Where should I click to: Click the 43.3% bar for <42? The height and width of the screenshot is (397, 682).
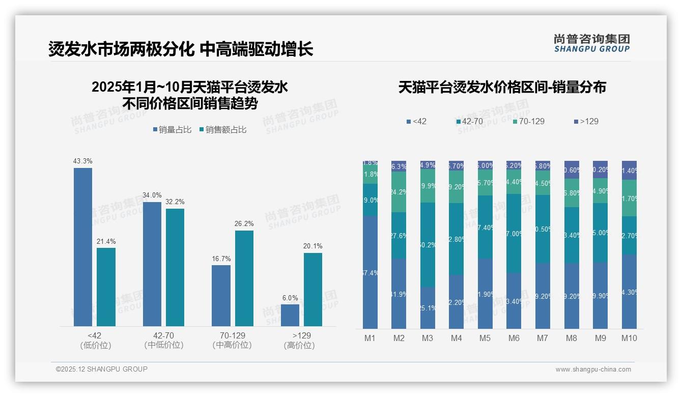[x=83, y=247]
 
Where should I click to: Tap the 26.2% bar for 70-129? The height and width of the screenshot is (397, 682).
[x=244, y=278]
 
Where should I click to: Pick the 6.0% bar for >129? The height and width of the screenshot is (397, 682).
[x=290, y=315]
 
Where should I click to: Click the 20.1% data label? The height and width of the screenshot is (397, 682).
[x=312, y=246]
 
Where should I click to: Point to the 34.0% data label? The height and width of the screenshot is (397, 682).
[x=152, y=195]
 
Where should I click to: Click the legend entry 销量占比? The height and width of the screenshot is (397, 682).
[x=172, y=130]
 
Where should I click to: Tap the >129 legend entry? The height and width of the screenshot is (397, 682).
[x=586, y=122]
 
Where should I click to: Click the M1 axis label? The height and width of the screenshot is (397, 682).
[x=370, y=338]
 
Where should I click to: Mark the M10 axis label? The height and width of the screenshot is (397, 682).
[x=629, y=338]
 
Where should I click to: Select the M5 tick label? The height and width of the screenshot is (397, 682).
[x=485, y=338]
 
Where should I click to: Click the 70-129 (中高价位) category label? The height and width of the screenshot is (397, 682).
[x=232, y=340]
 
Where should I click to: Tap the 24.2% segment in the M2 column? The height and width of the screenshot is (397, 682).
[x=399, y=192]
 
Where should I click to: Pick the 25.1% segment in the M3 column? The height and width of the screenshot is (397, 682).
[x=428, y=307]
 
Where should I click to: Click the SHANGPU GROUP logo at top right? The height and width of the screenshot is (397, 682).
[x=591, y=43]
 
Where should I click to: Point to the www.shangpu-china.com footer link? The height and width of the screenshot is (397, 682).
[x=593, y=370]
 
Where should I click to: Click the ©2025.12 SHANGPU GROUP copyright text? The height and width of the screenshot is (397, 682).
[x=102, y=369]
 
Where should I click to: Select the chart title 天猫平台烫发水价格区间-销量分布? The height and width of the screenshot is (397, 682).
[x=502, y=87]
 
